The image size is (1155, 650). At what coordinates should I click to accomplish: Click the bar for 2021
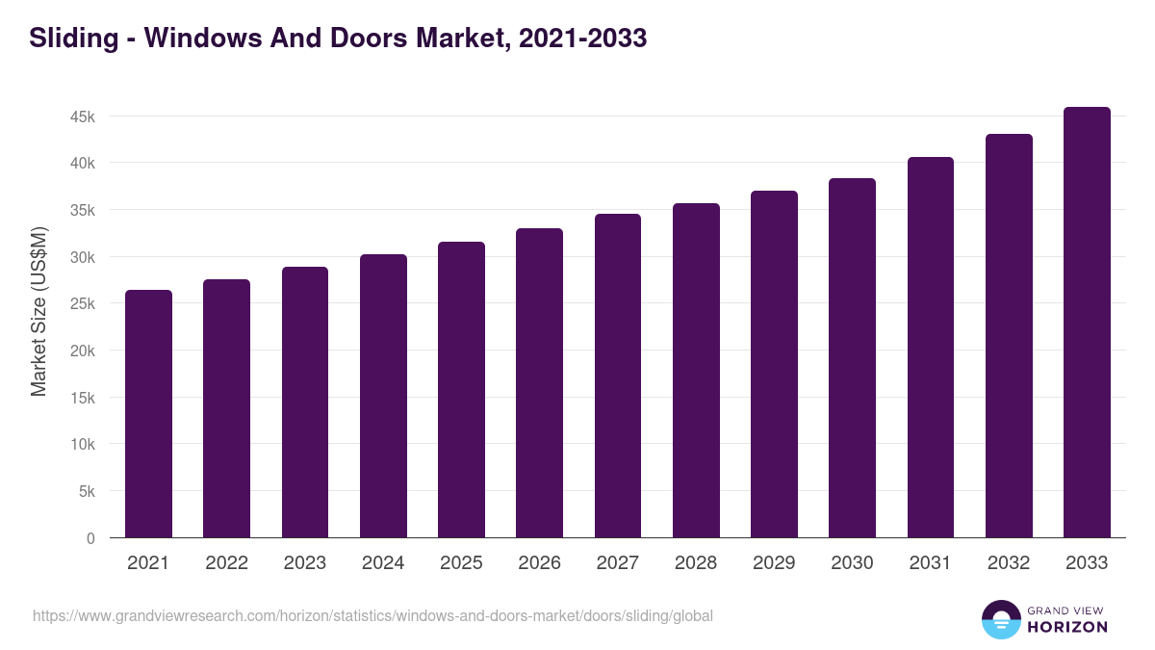click(148, 414)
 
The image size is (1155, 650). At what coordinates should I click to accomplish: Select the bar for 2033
click(1087, 323)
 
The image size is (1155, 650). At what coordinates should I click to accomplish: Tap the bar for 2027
click(618, 376)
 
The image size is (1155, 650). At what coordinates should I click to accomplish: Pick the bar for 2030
click(852, 358)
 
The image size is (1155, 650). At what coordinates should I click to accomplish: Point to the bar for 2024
click(383, 396)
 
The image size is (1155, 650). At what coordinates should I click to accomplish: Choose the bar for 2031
click(931, 348)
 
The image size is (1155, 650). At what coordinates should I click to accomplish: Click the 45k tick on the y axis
click(82, 117)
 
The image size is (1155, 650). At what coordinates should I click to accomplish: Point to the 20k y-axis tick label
click(82, 351)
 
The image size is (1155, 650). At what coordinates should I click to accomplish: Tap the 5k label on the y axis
click(87, 491)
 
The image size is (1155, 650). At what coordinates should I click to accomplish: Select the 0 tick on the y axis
click(90, 538)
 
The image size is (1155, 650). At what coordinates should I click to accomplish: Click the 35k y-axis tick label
click(82, 210)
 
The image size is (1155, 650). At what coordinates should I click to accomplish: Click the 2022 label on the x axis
click(226, 563)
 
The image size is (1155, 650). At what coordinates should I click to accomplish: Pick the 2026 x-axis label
click(539, 563)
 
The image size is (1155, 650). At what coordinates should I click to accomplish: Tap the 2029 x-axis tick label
click(774, 563)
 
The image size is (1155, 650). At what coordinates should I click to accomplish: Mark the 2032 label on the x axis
click(1009, 563)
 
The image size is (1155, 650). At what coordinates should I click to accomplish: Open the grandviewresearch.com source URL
click(372, 615)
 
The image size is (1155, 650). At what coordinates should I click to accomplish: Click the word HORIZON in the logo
click(1067, 627)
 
